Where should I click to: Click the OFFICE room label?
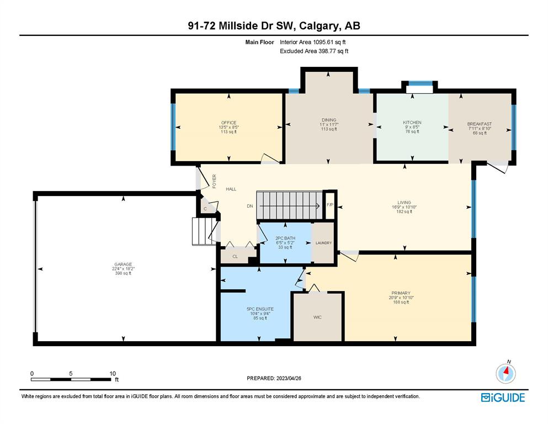228,123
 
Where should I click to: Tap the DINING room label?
329,120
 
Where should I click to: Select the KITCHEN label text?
412,123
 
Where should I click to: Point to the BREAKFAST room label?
480,124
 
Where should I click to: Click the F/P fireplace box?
330,205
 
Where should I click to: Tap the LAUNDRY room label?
323,243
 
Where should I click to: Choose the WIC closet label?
317,317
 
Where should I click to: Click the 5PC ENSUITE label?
260,309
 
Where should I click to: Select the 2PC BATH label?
285,238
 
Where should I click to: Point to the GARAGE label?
123,264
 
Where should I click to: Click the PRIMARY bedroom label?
401,293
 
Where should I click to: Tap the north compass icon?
506,374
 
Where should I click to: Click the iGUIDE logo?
503,397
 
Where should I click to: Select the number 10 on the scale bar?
113,373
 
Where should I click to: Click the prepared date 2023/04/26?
289,378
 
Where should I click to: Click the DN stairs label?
250,206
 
